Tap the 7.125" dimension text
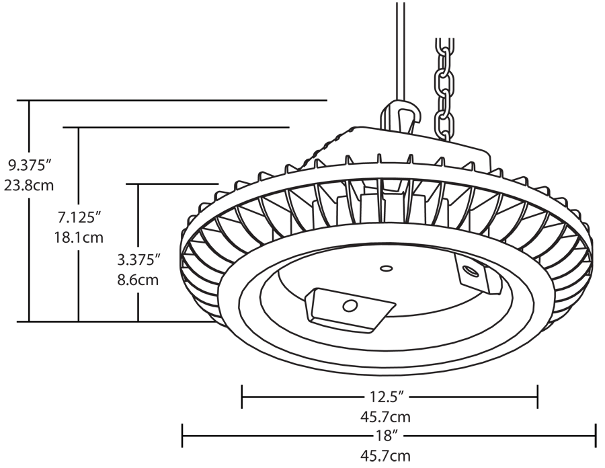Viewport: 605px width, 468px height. pyautogui.click(x=79, y=217)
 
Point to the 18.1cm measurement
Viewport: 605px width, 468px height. pyautogui.click(x=79, y=237)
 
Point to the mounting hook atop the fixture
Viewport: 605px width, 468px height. pyautogui.click(x=401, y=118)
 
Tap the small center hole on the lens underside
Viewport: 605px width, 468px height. pyautogui.click(x=386, y=268)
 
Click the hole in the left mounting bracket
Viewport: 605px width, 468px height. pyautogui.click(x=349, y=307)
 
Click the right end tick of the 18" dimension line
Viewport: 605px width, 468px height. pyautogui.click(x=595, y=435)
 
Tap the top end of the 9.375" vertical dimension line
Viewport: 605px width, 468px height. pyautogui.click(x=29, y=101)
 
